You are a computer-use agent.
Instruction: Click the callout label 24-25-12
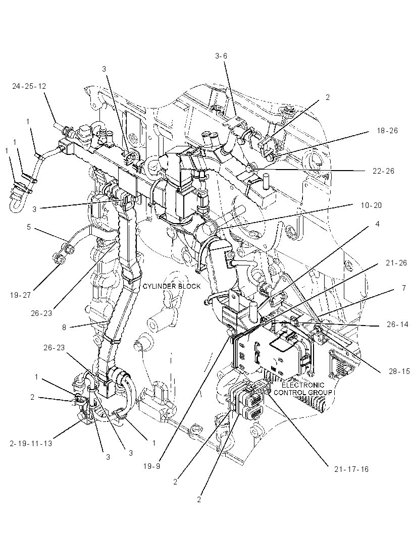(x=29, y=86)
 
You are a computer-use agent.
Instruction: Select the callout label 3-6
(x=221, y=56)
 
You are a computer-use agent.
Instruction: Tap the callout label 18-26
(x=387, y=130)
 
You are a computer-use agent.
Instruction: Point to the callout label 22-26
(x=383, y=171)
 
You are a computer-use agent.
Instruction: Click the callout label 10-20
(x=371, y=205)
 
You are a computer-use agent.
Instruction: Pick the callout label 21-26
(x=396, y=263)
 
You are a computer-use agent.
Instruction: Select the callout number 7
(x=404, y=288)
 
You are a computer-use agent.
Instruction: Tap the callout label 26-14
(x=397, y=324)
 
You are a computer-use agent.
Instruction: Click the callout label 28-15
(x=399, y=371)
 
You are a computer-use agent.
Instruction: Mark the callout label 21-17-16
(x=351, y=469)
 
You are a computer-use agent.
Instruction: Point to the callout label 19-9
(x=152, y=466)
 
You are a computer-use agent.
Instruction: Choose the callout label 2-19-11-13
(x=31, y=443)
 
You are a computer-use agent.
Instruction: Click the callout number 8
(x=64, y=328)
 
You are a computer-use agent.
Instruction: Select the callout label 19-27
(x=20, y=295)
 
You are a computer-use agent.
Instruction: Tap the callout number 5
(x=29, y=227)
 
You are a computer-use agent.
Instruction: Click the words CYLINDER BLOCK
(x=172, y=286)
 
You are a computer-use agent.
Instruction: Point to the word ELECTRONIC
(x=303, y=385)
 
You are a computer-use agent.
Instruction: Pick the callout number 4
(x=378, y=224)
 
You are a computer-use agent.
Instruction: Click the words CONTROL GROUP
(x=303, y=392)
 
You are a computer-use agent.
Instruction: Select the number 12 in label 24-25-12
(x=41, y=86)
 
